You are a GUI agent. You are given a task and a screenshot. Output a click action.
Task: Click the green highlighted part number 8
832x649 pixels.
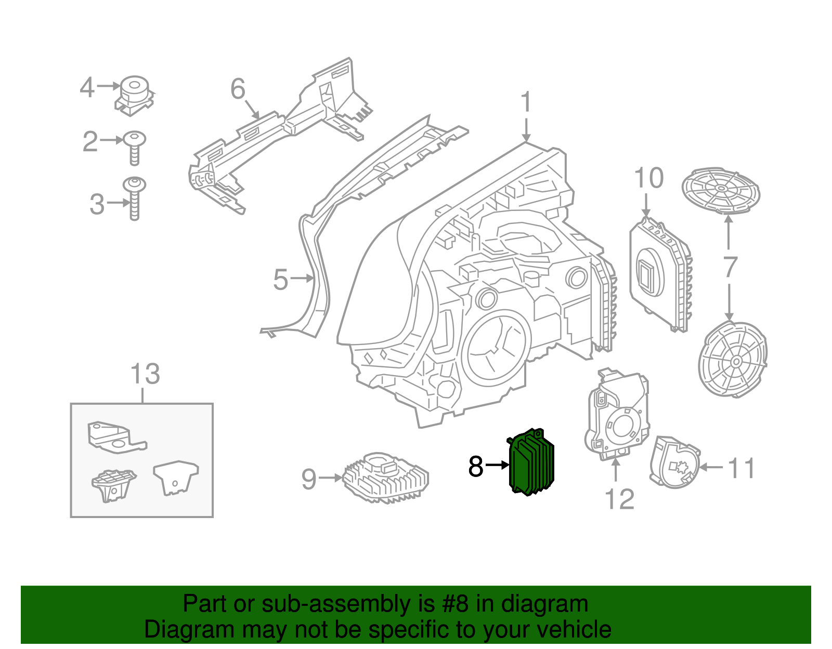[531, 462]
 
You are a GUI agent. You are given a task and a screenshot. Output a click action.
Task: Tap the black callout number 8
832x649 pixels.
[476, 466]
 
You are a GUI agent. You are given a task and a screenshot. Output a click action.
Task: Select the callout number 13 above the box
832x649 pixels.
[145, 374]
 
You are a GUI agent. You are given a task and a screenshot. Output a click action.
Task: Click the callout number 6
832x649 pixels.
[238, 89]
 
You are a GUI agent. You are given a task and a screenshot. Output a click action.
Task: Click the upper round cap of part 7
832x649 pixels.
[721, 190]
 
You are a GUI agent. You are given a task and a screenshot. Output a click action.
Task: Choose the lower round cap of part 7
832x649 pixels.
[733, 360]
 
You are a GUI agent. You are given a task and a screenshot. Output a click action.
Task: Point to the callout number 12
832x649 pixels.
[619, 499]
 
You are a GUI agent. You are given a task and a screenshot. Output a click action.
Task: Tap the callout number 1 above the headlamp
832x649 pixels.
[526, 102]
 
